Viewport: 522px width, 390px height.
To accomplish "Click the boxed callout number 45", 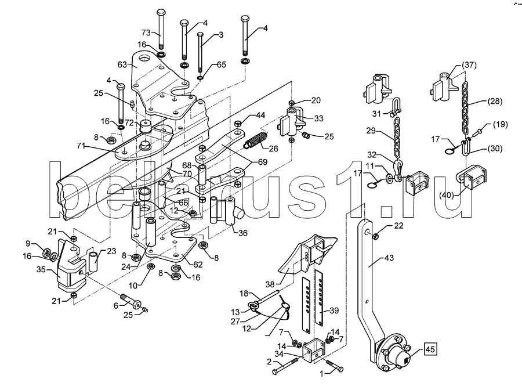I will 430,349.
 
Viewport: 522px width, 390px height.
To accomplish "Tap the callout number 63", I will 122,65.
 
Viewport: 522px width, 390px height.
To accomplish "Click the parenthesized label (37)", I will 470,65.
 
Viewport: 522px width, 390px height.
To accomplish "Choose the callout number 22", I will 398,226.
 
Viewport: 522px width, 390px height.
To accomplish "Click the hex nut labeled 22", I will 375,236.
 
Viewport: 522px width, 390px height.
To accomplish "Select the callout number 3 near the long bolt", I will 220,35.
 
